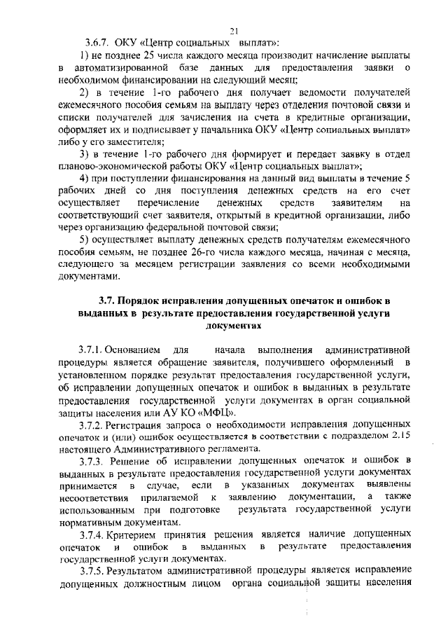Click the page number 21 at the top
click(x=234, y=30)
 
